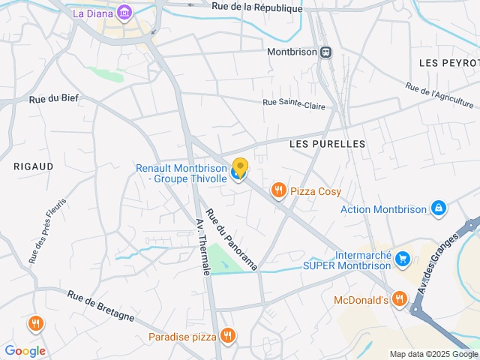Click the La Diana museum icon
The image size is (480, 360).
124,13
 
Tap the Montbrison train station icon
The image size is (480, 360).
325,52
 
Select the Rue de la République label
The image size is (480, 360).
256,7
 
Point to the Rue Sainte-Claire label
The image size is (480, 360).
294,105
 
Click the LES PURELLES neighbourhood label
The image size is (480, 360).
327,143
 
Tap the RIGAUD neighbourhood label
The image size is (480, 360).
33,166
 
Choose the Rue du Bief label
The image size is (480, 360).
54,98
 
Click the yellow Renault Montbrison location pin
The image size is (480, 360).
240,167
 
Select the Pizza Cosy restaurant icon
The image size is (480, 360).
279,190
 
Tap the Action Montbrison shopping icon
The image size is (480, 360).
439,208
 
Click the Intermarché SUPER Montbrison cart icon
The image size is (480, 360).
403,259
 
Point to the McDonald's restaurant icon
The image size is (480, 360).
399,300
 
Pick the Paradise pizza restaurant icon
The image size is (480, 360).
227,336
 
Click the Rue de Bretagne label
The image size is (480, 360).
100,306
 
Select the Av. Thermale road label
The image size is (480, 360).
202,246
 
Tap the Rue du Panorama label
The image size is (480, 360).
232,239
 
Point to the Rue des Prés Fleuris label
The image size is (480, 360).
48,230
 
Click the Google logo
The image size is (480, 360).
25,350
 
